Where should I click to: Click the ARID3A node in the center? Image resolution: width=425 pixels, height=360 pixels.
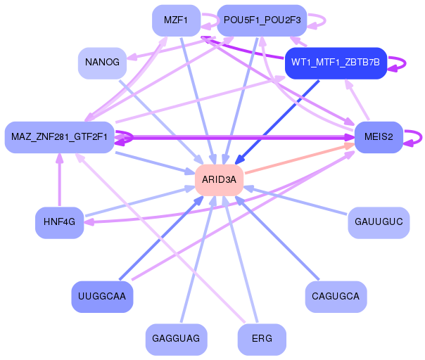pos(219,180)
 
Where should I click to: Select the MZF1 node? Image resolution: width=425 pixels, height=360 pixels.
pos(175,20)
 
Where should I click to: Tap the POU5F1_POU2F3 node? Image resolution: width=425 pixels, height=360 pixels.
pos(262,20)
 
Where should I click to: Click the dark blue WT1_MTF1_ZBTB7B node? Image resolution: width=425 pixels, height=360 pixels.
pos(335,63)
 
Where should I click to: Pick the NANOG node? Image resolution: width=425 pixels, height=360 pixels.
pos(102,63)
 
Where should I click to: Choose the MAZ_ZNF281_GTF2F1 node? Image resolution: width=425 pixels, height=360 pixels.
pos(59,136)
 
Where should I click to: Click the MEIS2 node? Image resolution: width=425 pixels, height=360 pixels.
pos(379,136)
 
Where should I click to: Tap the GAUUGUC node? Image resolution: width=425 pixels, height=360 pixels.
pos(379,222)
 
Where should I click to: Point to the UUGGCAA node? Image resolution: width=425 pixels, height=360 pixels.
pos(102,296)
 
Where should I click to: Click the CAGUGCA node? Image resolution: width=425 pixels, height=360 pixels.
pos(335,296)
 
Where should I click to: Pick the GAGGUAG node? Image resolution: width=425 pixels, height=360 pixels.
pos(175,339)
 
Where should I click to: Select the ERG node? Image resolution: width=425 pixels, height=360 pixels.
pos(262,339)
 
